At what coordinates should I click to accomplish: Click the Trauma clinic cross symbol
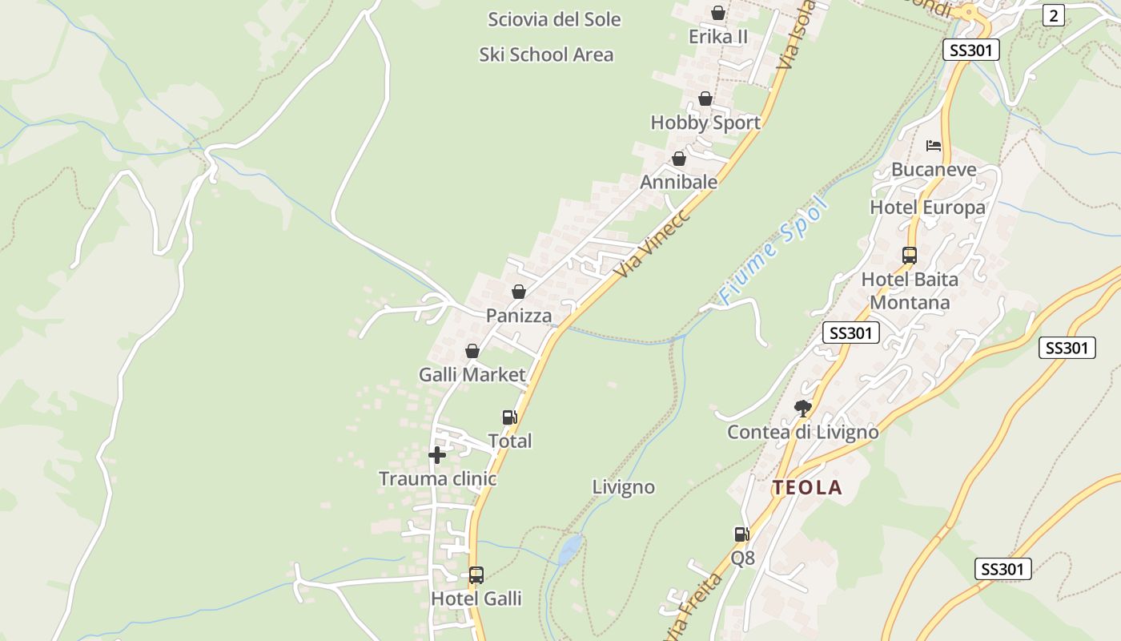pyautogui.click(x=436, y=456)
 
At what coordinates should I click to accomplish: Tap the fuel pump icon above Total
pyautogui.click(x=509, y=417)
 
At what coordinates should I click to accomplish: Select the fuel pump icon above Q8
pyautogui.click(x=741, y=534)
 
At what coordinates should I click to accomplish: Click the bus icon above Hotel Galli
pyautogui.click(x=476, y=574)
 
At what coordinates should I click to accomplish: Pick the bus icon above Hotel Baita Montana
pyautogui.click(x=910, y=256)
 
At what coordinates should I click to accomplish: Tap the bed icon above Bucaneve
pyautogui.click(x=934, y=146)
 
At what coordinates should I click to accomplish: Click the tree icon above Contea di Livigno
pyautogui.click(x=802, y=409)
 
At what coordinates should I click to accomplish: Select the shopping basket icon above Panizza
pyautogui.click(x=519, y=292)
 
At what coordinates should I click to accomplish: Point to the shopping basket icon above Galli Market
pyautogui.click(x=472, y=351)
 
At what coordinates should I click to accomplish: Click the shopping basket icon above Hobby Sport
pyautogui.click(x=705, y=99)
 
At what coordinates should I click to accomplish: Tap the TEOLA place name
pyautogui.click(x=807, y=487)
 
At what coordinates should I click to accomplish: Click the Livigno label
pyautogui.click(x=624, y=487)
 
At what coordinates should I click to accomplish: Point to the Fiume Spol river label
pyautogui.click(x=773, y=250)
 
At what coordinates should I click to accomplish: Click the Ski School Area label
pyautogui.click(x=546, y=54)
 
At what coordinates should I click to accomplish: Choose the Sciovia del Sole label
pyautogui.click(x=554, y=19)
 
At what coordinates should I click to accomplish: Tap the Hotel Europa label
pyautogui.click(x=927, y=208)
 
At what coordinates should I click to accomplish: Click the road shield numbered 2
pyautogui.click(x=1054, y=14)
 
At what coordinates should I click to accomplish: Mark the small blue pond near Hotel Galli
pyautogui.click(x=569, y=550)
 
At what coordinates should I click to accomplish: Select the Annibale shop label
pyautogui.click(x=678, y=182)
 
